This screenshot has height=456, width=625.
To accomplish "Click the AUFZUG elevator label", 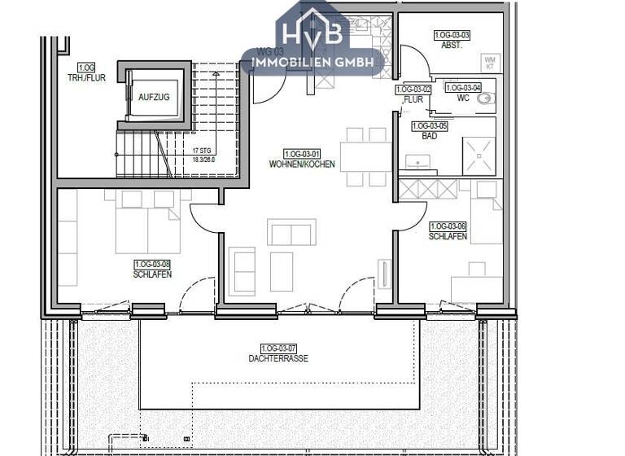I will pos(154,96).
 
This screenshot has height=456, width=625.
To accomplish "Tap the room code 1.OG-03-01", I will pos(302,154).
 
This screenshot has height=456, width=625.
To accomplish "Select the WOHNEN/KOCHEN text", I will pos(302,164).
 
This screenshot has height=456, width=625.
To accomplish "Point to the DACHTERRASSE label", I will pos(279,358).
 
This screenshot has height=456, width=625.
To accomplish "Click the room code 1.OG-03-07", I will pos(279,348).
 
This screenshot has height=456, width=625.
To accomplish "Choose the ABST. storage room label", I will pos(452,46).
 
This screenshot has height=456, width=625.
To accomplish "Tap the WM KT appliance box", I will pos(489,61).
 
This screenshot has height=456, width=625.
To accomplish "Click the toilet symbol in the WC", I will pos(487,99).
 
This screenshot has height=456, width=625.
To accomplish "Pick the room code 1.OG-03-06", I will pos(448,226).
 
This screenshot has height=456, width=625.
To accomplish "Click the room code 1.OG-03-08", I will pos(152,264).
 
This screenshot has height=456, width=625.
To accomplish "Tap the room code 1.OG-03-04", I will pos(464,87).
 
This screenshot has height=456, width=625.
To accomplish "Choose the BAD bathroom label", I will pos(430,136).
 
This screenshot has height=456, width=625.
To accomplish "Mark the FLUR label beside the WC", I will pos(413,99).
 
